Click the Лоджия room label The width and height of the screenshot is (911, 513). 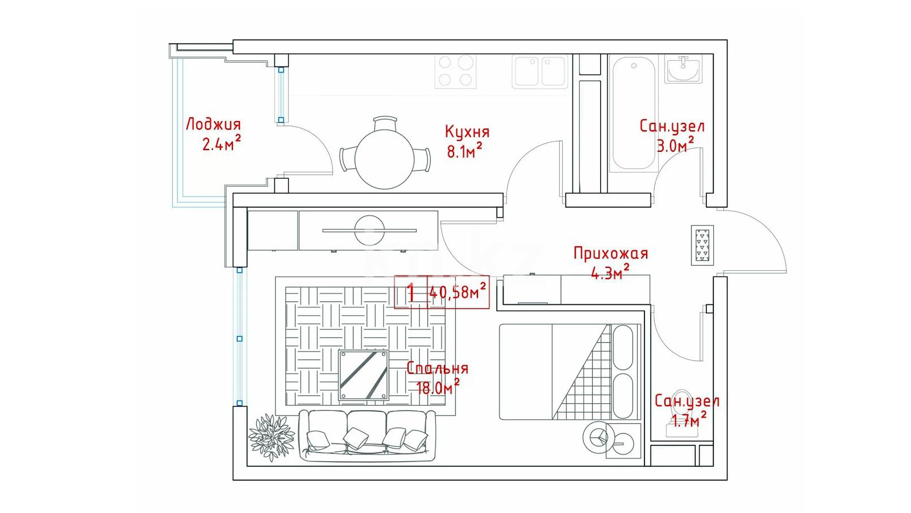pos(213,125)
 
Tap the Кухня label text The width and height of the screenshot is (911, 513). pos(467,132)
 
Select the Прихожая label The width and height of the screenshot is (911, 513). pos(610,253)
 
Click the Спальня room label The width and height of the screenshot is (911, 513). pos(438,369)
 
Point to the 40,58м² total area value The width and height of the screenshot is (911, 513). pos(457,292)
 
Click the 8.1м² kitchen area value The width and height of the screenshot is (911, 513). pos(464,151)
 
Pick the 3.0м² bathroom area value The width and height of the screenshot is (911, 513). pos(675,145)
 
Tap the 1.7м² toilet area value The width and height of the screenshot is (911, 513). pos(689,420)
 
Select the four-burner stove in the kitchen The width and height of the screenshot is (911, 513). pos(456,71)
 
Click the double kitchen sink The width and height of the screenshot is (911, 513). pos(540,72)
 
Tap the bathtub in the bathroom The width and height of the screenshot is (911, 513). pos(634,113)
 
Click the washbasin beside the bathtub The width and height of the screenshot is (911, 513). pos(684,69)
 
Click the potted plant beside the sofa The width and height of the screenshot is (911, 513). pos(271,438)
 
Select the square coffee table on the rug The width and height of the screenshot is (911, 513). pos(364,375)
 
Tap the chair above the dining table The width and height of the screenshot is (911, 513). pos(385,123)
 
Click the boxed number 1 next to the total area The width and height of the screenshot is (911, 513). pos(411,292)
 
